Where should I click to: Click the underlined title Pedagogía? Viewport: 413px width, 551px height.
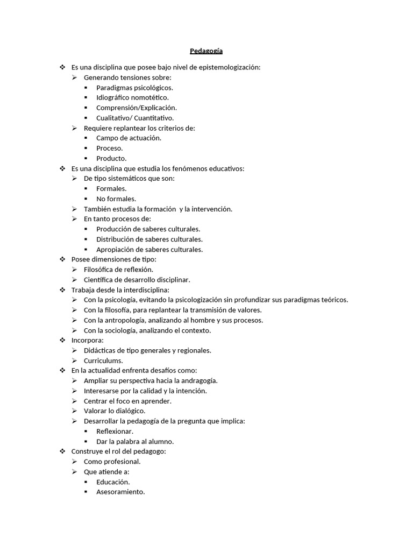[x=206, y=51]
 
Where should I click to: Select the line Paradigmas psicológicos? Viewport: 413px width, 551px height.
[x=134, y=87]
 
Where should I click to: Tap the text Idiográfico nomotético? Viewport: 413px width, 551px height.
[x=132, y=97]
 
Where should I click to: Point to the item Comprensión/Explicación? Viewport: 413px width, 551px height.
[x=137, y=108]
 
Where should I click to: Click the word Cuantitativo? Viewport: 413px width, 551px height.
[x=154, y=118]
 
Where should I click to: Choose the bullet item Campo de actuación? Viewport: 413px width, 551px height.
[x=129, y=138]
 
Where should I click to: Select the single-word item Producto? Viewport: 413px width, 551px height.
[x=111, y=158]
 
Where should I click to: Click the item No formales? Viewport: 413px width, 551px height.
[x=116, y=199]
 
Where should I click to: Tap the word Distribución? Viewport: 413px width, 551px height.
[x=115, y=239]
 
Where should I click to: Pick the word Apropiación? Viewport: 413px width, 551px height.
[x=115, y=249]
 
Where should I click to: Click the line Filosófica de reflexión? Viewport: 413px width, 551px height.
[x=118, y=269]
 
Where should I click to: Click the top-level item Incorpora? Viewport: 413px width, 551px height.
[x=87, y=340]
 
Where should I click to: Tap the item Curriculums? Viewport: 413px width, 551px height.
[x=103, y=361]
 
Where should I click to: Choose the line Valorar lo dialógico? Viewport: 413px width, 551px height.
[x=115, y=411]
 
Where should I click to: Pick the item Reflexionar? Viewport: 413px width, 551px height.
[x=115, y=431]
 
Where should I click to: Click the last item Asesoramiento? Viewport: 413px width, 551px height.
[x=120, y=492]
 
